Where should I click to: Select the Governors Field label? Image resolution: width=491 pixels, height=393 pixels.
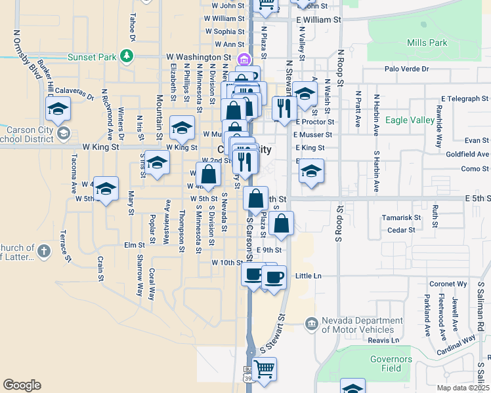[x=391, y=364]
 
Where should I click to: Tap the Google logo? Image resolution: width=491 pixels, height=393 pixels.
[x=22, y=384]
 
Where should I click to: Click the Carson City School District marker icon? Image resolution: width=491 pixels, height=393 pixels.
[x=63, y=134]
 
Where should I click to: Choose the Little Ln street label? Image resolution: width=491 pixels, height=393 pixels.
[x=309, y=276]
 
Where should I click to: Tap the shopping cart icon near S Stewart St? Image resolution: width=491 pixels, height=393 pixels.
[x=264, y=369]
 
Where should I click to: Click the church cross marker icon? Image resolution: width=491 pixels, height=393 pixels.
[x=43, y=251]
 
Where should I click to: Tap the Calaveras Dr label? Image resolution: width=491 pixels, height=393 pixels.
[x=75, y=91]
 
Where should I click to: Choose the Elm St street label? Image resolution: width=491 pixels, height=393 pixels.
[x=133, y=245]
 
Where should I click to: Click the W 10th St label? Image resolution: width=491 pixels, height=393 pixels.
[x=227, y=262]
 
